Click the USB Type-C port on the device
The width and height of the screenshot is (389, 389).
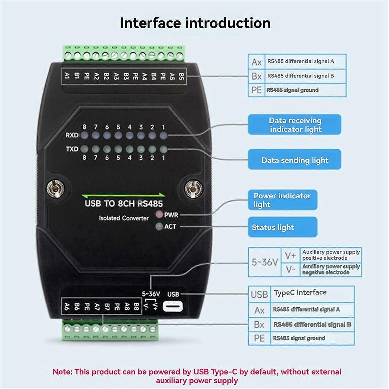(173, 306)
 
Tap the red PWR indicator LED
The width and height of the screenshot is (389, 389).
(159, 215)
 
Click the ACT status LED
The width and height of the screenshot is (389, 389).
(159, 227)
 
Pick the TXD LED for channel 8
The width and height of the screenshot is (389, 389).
(84, 149)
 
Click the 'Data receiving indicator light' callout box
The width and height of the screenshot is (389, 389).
(294, 125)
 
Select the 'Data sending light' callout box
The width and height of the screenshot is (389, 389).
(294, 160)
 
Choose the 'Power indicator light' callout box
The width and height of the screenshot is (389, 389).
(282, 200)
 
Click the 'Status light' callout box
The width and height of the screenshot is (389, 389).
(282, 227)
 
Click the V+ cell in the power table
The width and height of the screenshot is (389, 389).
(290, 255)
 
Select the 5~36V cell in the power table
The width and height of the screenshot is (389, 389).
(265, 262)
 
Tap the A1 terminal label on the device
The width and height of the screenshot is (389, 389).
(67, 76)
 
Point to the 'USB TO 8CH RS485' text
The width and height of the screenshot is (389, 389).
(124, 204)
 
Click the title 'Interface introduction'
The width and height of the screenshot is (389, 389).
(195, 23)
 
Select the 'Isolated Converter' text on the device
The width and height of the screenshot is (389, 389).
(124, 218)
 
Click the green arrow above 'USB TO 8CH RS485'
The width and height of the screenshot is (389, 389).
(123, 195)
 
